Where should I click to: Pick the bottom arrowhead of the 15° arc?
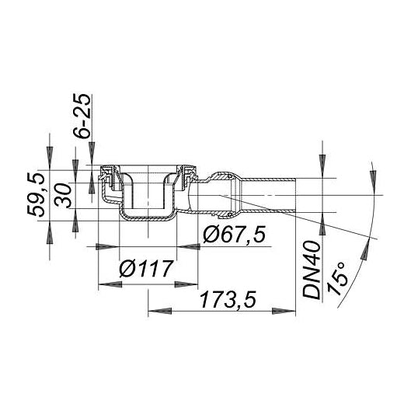point(361,250)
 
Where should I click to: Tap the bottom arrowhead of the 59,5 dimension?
point(49,230)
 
